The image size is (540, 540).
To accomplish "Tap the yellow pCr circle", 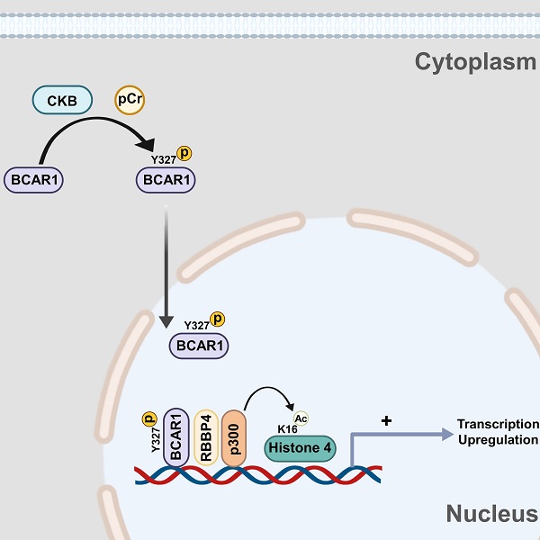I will [x=130, y=100].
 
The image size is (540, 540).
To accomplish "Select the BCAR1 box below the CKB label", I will [x=38, y=180].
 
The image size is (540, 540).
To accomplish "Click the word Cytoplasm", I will [x=475, y=61].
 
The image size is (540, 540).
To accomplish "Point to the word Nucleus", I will [x=491, y=515].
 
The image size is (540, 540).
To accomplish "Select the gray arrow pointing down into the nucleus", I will [x=166, y=270].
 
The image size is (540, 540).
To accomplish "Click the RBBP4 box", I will [x=206, y=436].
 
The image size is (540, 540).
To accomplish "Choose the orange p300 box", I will [x=233, y=436].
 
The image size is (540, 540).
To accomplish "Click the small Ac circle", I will [x=301, y=417].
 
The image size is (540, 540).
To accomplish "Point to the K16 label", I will [x=287, y=428].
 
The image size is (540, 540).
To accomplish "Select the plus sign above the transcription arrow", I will [x=386, y=420].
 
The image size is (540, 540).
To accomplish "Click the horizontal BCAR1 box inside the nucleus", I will [x=198, y=345].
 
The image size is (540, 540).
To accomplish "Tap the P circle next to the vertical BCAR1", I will [x=149, y=418].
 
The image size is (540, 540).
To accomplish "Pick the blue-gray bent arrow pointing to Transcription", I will [x=387, y=436].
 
